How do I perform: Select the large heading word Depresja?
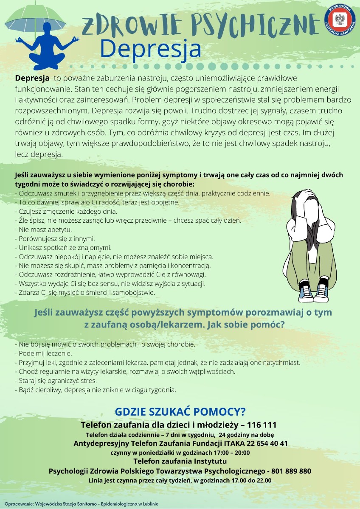coord(151,49)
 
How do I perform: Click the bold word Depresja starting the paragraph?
coord(32,78)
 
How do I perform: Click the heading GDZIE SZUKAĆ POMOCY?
coord(180,412)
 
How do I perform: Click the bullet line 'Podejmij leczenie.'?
coord(44,353)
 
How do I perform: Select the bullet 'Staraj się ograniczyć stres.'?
coord(56,380)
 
